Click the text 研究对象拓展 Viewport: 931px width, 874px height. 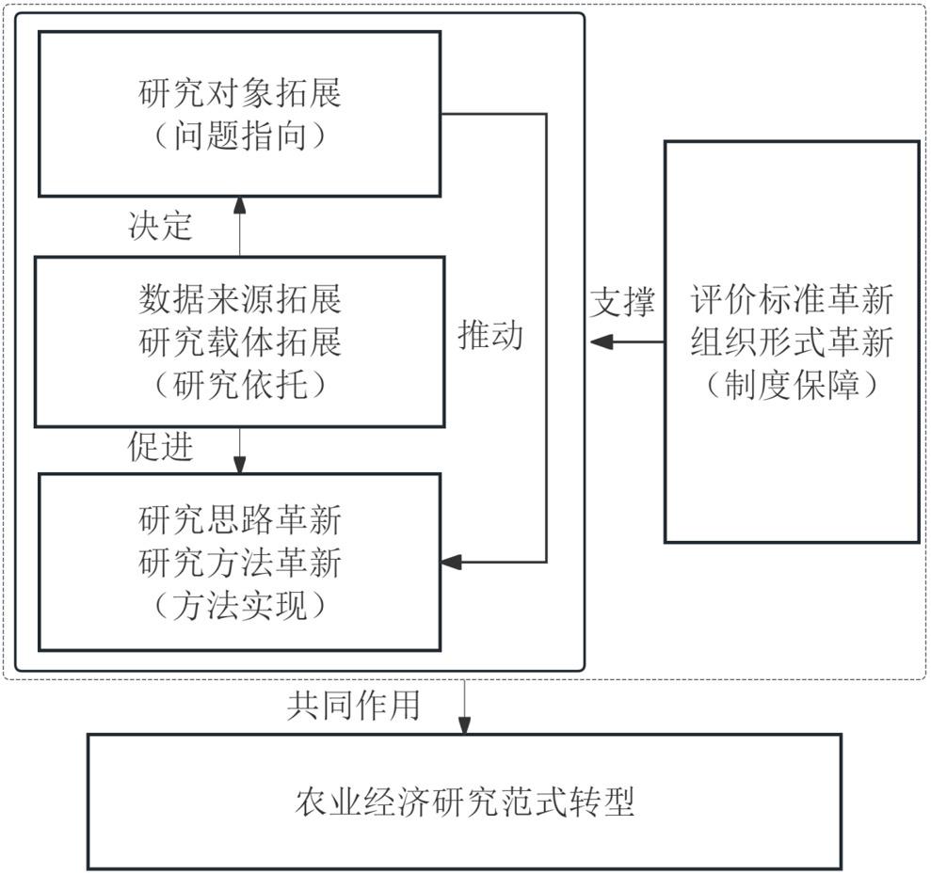240,93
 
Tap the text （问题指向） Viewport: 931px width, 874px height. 240,135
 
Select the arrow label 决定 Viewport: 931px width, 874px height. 160,226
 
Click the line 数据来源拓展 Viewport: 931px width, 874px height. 240,298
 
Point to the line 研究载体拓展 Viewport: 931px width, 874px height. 240,342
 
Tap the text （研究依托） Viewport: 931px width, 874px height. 240,385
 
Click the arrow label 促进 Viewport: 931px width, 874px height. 160,446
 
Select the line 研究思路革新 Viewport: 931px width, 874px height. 240,519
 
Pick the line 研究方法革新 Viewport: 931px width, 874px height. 240,563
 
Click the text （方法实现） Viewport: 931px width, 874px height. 240,606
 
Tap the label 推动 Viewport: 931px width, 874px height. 490,335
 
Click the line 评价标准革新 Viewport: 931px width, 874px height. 792,298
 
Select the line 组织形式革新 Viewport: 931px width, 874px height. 792,342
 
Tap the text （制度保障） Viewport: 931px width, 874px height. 792,385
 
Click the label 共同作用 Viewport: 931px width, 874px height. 353,705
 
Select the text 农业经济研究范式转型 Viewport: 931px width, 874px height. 465,802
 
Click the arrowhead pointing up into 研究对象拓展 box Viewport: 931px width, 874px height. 239,205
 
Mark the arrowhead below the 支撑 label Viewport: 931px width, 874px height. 602,342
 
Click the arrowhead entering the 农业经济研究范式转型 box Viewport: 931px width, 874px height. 464,725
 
